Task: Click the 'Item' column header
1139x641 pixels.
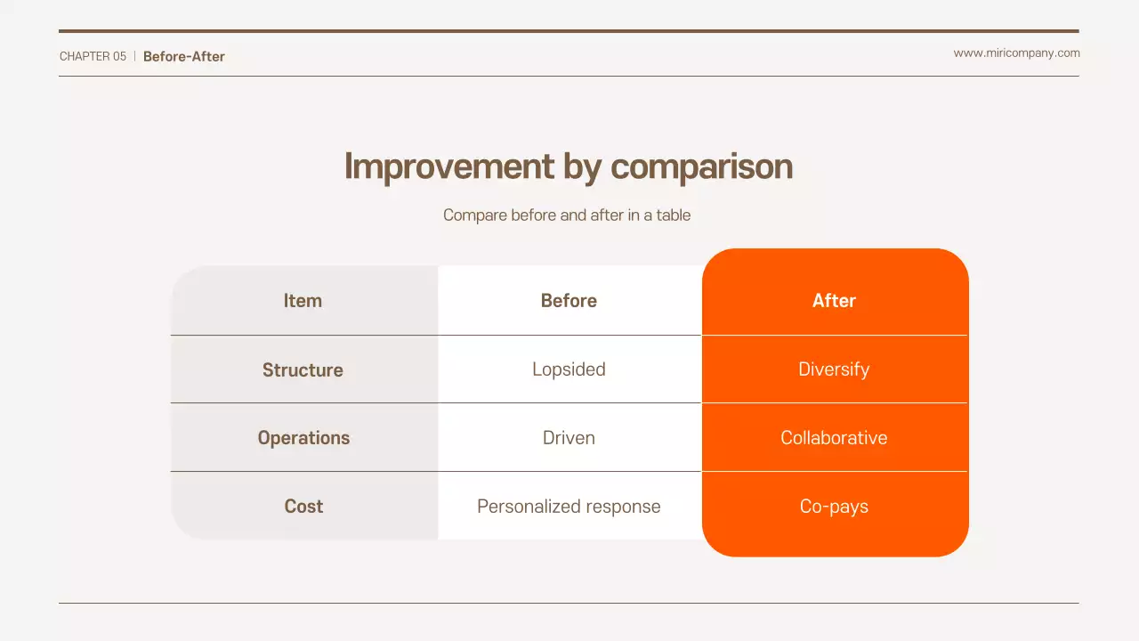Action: [303, 301]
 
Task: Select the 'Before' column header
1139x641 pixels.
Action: [569, 301]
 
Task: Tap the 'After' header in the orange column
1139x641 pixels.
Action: [834, 301]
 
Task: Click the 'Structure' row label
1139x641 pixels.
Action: [303, 369]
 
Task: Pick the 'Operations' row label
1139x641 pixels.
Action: [303, 438]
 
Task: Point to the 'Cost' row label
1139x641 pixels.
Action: [303, 507]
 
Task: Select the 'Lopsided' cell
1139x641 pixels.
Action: [569, 369]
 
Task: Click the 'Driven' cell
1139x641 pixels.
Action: [569, 438]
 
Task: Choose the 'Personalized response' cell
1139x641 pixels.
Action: [569, 507]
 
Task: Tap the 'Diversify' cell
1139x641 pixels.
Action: [834, 369]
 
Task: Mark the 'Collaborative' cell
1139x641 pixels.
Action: [834, 438]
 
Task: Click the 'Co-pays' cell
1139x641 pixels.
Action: [834, 507]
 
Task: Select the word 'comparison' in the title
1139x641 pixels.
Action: [701, 167]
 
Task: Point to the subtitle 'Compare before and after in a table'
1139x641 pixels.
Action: [567, 215]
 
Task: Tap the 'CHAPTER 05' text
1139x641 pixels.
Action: [93, 56]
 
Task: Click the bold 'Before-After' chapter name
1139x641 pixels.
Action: [184, 56]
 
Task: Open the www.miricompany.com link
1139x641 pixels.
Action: [1016, 53]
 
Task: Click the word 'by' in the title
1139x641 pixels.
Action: [582, 167]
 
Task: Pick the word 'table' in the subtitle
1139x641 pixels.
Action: [674, 215]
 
